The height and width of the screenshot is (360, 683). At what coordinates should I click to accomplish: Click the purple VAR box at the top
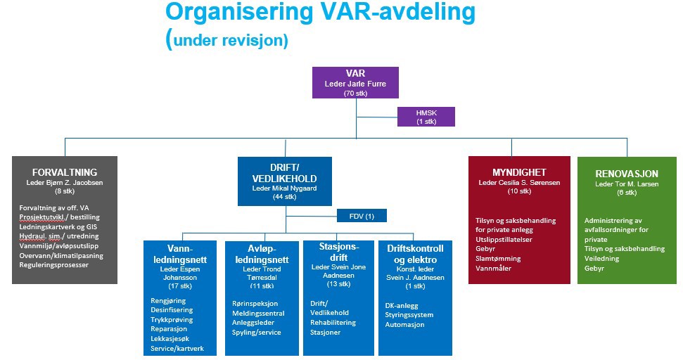tap(356, 82)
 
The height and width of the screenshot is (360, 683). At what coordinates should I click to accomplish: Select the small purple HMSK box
tap(426, 116)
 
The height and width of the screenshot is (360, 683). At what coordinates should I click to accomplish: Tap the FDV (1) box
tap(362, 216)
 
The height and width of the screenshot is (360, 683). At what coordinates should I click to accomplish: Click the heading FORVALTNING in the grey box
tap(65, 172)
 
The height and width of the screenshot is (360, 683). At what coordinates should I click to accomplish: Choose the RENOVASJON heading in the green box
tap(627, 174)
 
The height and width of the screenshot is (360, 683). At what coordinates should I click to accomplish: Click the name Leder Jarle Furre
tap(356, 84)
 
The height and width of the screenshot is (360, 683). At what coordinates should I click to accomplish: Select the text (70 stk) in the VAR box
tap(356, 93)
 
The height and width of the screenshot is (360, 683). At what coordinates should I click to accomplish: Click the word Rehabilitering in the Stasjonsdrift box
tap(333, 323)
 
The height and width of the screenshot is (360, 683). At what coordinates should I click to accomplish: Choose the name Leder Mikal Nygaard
tap(286, 188)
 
